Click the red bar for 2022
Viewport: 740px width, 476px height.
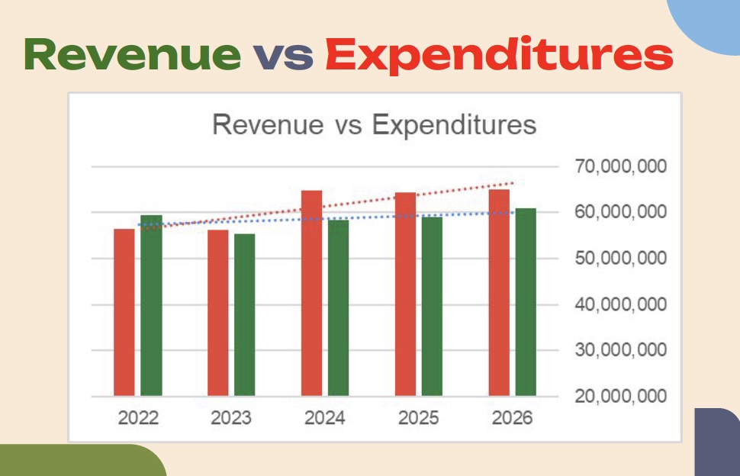point(124,313)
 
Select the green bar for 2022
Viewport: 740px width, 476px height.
point(151,306)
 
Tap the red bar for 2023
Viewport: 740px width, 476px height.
point(218,314)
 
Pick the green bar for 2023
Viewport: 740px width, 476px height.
point(245,315)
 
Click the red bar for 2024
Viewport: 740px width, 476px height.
point(312,294)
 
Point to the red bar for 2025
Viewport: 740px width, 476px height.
point(405,294)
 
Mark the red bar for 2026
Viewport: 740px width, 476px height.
point(499,293)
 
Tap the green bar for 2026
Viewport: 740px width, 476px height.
point(526,302)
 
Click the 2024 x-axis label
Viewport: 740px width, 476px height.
point(325,419)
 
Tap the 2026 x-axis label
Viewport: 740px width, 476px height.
point(512,419)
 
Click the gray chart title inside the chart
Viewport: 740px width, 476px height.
point(374,124)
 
